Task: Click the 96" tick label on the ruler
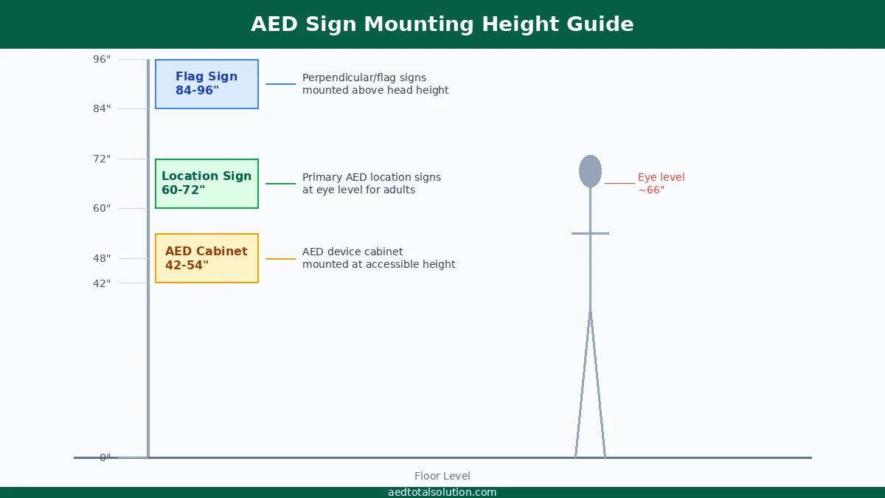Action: point(102,59)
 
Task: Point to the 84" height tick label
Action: point(102,108)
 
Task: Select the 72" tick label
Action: point(102,159)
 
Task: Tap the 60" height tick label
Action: point(102,208)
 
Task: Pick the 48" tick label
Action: point(102,258)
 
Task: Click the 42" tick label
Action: point(102,283)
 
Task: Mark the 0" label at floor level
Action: point(105,457)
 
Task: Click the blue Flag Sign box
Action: point(206,84)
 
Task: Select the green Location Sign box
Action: point(206,184)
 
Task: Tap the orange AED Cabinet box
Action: point(206,258)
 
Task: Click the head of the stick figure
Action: point(590,171)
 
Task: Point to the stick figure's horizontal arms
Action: point(590,233)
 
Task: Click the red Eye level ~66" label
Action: point(661,184)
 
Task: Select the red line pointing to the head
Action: point(619,183)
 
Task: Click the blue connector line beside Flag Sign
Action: point(280,84)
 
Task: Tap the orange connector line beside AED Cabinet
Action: point(280,259)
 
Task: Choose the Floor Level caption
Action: point(442,476)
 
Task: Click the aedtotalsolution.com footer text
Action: point(442,492)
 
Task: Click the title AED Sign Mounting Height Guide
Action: point(442,24)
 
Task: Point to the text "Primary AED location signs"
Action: point(372,178)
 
